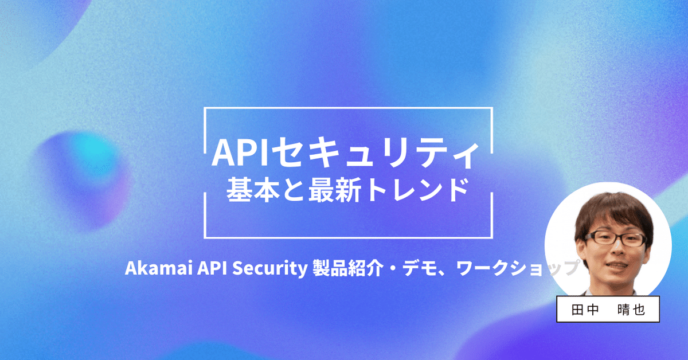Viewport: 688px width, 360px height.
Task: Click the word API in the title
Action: (x=233, y=153)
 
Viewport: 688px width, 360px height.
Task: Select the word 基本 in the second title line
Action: (x=247, y=189)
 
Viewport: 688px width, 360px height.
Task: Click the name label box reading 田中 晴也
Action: (x=608, y=310)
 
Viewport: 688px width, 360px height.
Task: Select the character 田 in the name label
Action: (x=578, y=310)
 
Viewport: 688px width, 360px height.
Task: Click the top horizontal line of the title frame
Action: (x=348, y=108)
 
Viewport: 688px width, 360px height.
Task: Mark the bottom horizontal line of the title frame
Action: (x=348, y=237)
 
